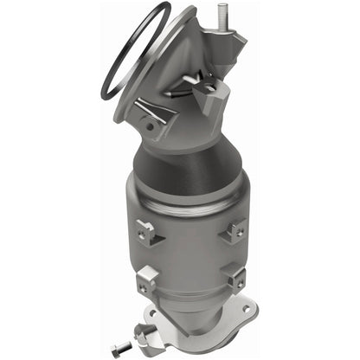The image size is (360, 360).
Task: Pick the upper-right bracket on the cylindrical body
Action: point(235,228)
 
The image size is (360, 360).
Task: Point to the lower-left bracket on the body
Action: point(149,278)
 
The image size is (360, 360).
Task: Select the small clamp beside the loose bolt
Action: point(138,333)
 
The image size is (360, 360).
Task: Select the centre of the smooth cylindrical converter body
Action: point(192,247)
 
